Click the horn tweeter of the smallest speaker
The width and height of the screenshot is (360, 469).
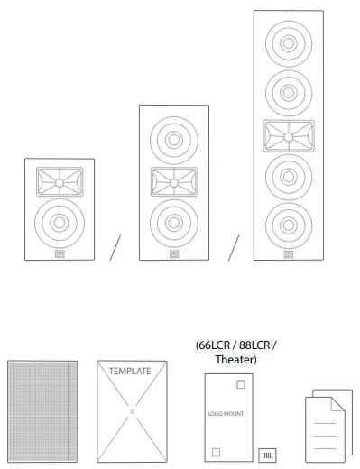click(58, 183)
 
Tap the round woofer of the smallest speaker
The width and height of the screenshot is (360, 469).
click(58, 222)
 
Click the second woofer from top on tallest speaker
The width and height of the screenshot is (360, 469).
click(288, 91)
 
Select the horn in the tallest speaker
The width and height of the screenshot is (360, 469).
click(288, 138)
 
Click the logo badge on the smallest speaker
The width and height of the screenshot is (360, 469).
click(58, 253)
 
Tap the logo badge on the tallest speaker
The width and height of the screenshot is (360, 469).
click(288, 254)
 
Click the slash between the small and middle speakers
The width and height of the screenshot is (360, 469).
click(115, 248)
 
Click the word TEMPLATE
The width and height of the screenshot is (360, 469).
click(130, 371)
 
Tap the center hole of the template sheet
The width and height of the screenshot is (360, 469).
click(131, 411)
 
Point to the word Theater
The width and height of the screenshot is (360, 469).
click(235, 360)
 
